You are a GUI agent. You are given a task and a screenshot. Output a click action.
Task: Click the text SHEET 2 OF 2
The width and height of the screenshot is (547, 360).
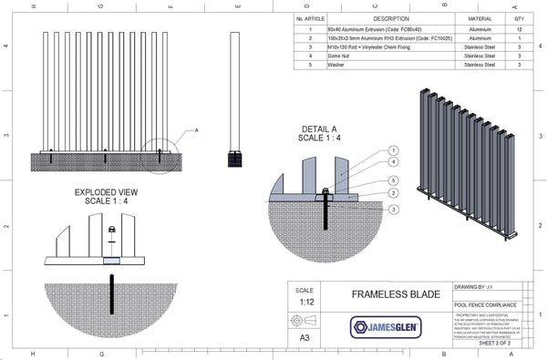pyautogui.click(x=488, y=345)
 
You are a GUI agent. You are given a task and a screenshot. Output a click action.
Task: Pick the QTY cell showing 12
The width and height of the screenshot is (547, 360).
pyautogui.click(x=520, y=29)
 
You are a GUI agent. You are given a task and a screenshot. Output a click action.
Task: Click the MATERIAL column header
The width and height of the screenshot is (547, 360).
pyautogui.click(x=480, y=18)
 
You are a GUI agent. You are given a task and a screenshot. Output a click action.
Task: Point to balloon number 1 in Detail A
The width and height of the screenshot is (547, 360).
pyautogui.click(x=394, y=149)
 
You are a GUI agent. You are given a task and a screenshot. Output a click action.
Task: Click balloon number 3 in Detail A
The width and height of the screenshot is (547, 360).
pyautogui.click(x=394, y=209)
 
